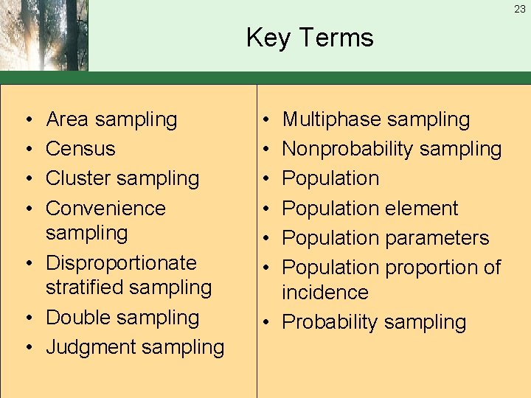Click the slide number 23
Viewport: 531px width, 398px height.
520,9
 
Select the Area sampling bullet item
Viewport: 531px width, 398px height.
111,119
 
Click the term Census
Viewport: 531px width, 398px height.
80,149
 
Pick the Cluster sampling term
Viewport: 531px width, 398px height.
122,178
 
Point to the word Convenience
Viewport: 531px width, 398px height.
105,208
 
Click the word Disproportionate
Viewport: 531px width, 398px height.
121,262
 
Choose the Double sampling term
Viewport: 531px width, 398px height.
122,318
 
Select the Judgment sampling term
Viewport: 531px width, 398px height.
135,347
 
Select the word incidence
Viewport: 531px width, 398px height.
325,293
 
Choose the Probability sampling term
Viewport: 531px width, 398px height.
374,322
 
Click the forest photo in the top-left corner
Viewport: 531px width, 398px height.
44,35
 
